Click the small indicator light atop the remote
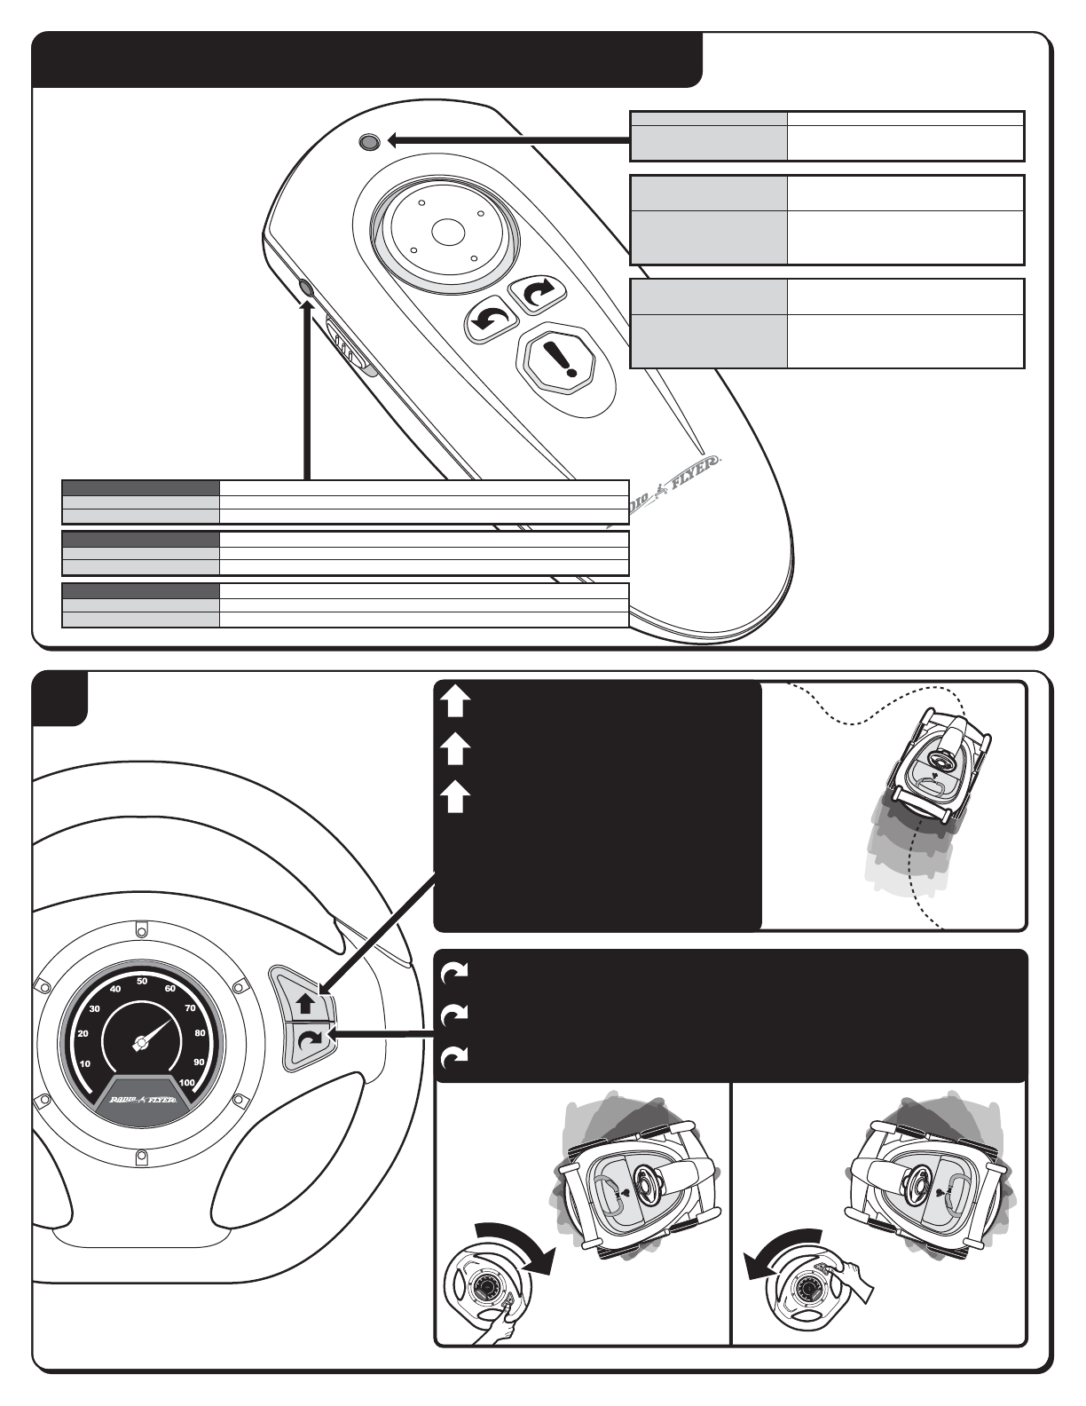tap(369, 141)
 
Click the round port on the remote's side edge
tap(307, 288)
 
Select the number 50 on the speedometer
tap(142, 981)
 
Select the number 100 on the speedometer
tap(186, 1083)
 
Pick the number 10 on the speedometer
tap(86, 1063)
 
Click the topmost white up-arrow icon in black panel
tap(453, 704)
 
